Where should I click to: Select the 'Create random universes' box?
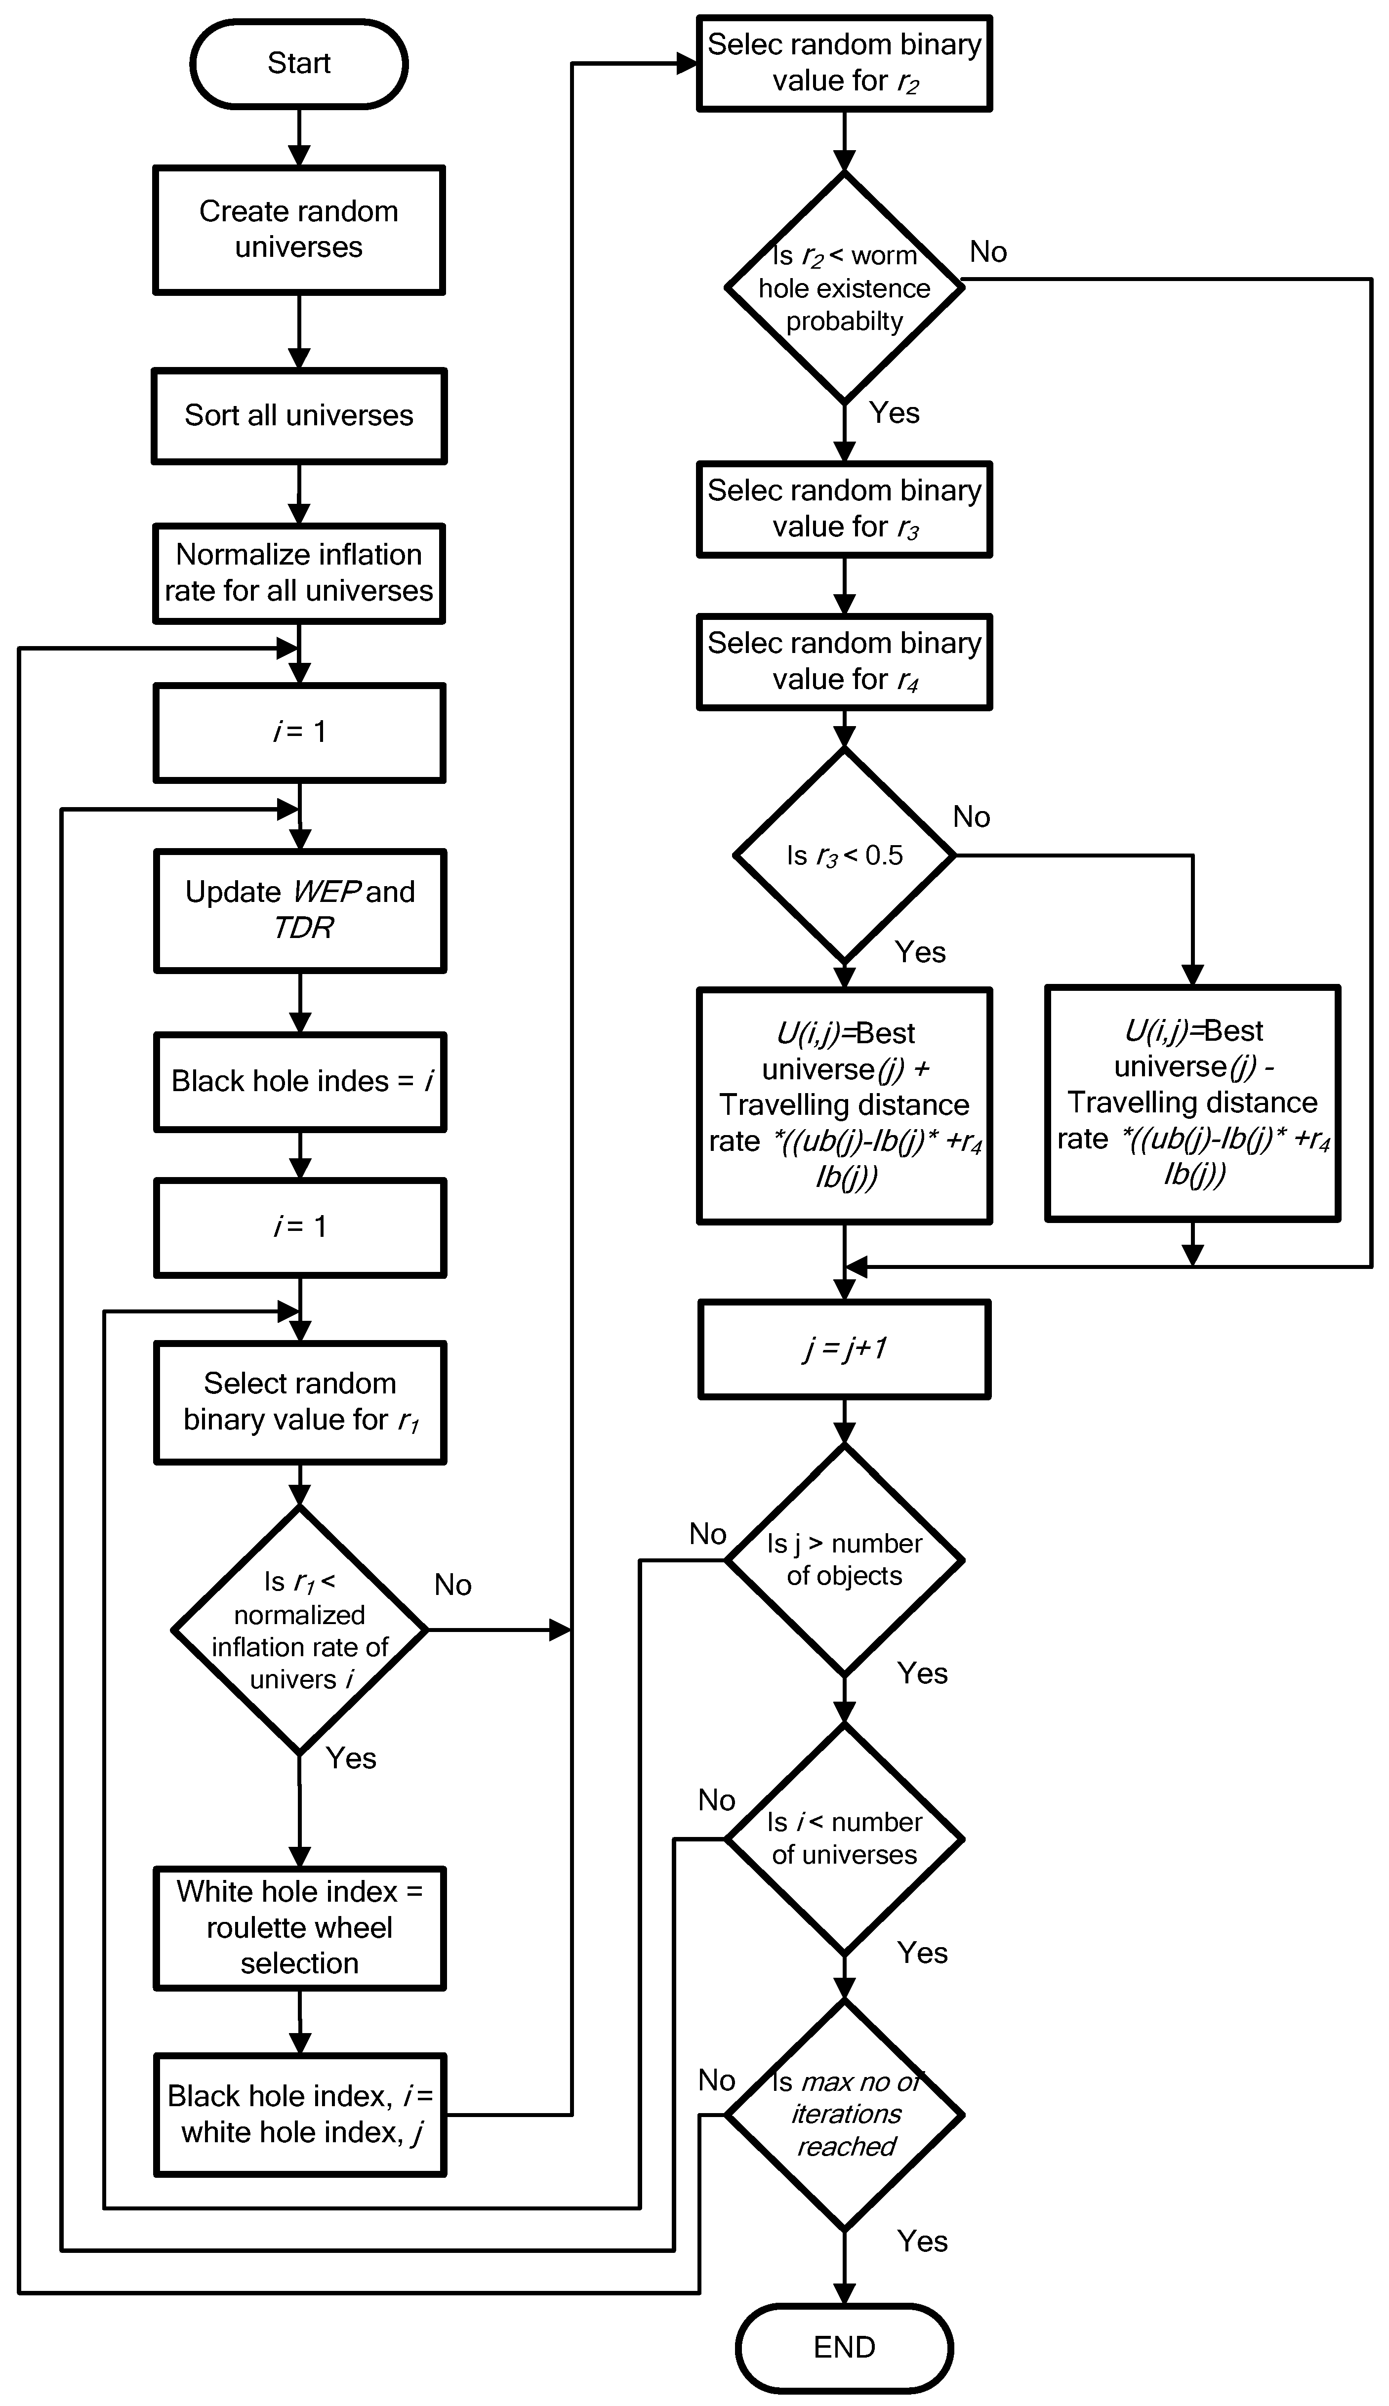299,229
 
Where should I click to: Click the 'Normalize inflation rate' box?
299,572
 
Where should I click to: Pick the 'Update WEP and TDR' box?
299,909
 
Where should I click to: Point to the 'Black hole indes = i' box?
299,1081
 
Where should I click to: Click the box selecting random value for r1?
299,1401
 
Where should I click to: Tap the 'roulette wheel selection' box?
299,1927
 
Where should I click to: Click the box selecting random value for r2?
844,63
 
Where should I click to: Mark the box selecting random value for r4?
844,661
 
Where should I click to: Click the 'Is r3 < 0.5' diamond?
844,855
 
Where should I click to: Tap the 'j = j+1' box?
844,1348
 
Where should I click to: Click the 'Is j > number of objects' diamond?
844,1560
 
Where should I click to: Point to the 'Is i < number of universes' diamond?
844,1838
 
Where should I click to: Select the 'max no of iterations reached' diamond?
844,2114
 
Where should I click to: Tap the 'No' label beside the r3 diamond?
971,816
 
